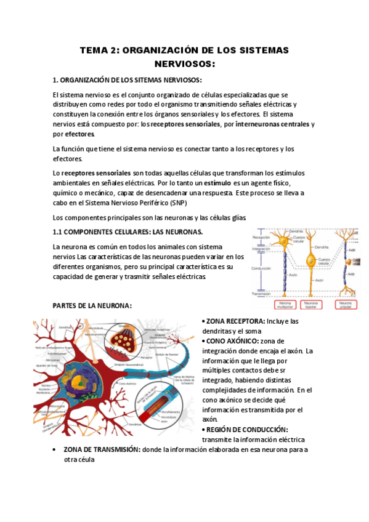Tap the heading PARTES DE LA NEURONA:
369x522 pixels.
(x=92, y=306)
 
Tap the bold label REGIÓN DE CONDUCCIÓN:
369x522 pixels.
(x=246, y=430)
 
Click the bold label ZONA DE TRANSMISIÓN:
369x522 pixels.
(x=102, y=449)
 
